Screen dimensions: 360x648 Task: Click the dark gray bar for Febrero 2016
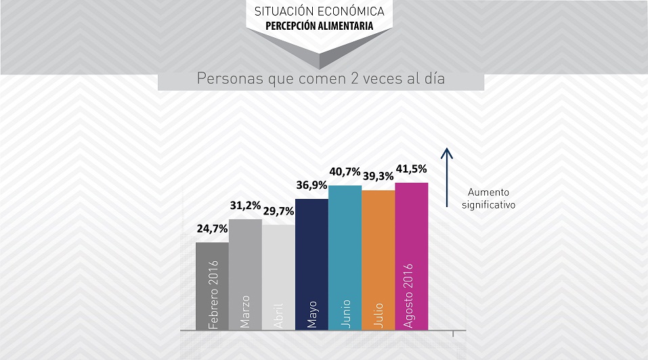click(212, 286)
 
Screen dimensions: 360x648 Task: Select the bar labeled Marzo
click(245, 274)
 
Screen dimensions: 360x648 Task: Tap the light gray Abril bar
click(278, 277)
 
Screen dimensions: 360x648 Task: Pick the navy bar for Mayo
click(311, 264)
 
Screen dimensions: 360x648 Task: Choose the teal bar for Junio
click(345, 257)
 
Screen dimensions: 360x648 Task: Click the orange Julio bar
click(378, 260)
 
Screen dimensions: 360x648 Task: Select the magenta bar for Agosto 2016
click(411, 256)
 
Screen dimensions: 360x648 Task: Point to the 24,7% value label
click(212, 229)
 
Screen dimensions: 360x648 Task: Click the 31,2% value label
click(245, 206)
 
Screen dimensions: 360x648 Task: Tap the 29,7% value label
click(278, 211)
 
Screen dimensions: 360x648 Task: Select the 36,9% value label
click(311, 185)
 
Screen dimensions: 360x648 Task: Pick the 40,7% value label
click(345, 172)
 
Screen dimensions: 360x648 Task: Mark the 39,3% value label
click(378, 176)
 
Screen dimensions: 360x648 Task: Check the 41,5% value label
click(411, 168)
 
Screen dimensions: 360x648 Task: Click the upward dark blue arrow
click(447, 176)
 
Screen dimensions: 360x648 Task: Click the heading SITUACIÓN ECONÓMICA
click(320, 12)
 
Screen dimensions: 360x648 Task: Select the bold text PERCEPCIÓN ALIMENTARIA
click(319, 28)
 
